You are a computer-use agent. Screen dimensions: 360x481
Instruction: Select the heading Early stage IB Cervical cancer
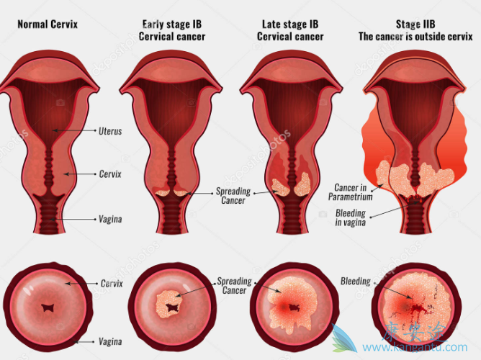[172, 30]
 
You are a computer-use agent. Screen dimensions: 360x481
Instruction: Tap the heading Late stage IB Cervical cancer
[290, 30]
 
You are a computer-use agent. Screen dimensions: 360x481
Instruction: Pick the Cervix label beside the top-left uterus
[109, 174]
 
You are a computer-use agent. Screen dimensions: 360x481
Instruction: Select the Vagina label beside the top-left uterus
[110, 218]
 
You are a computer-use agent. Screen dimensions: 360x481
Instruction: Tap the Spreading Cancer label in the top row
[234, 196]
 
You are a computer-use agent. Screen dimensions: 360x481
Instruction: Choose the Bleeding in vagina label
[351, 218]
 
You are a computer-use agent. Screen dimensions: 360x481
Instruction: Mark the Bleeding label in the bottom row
[355, 282]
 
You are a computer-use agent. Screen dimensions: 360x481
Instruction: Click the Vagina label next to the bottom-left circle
[110, 342]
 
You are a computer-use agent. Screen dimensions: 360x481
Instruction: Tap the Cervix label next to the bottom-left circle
[112, 284]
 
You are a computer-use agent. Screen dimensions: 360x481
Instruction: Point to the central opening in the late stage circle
[293, 307]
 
